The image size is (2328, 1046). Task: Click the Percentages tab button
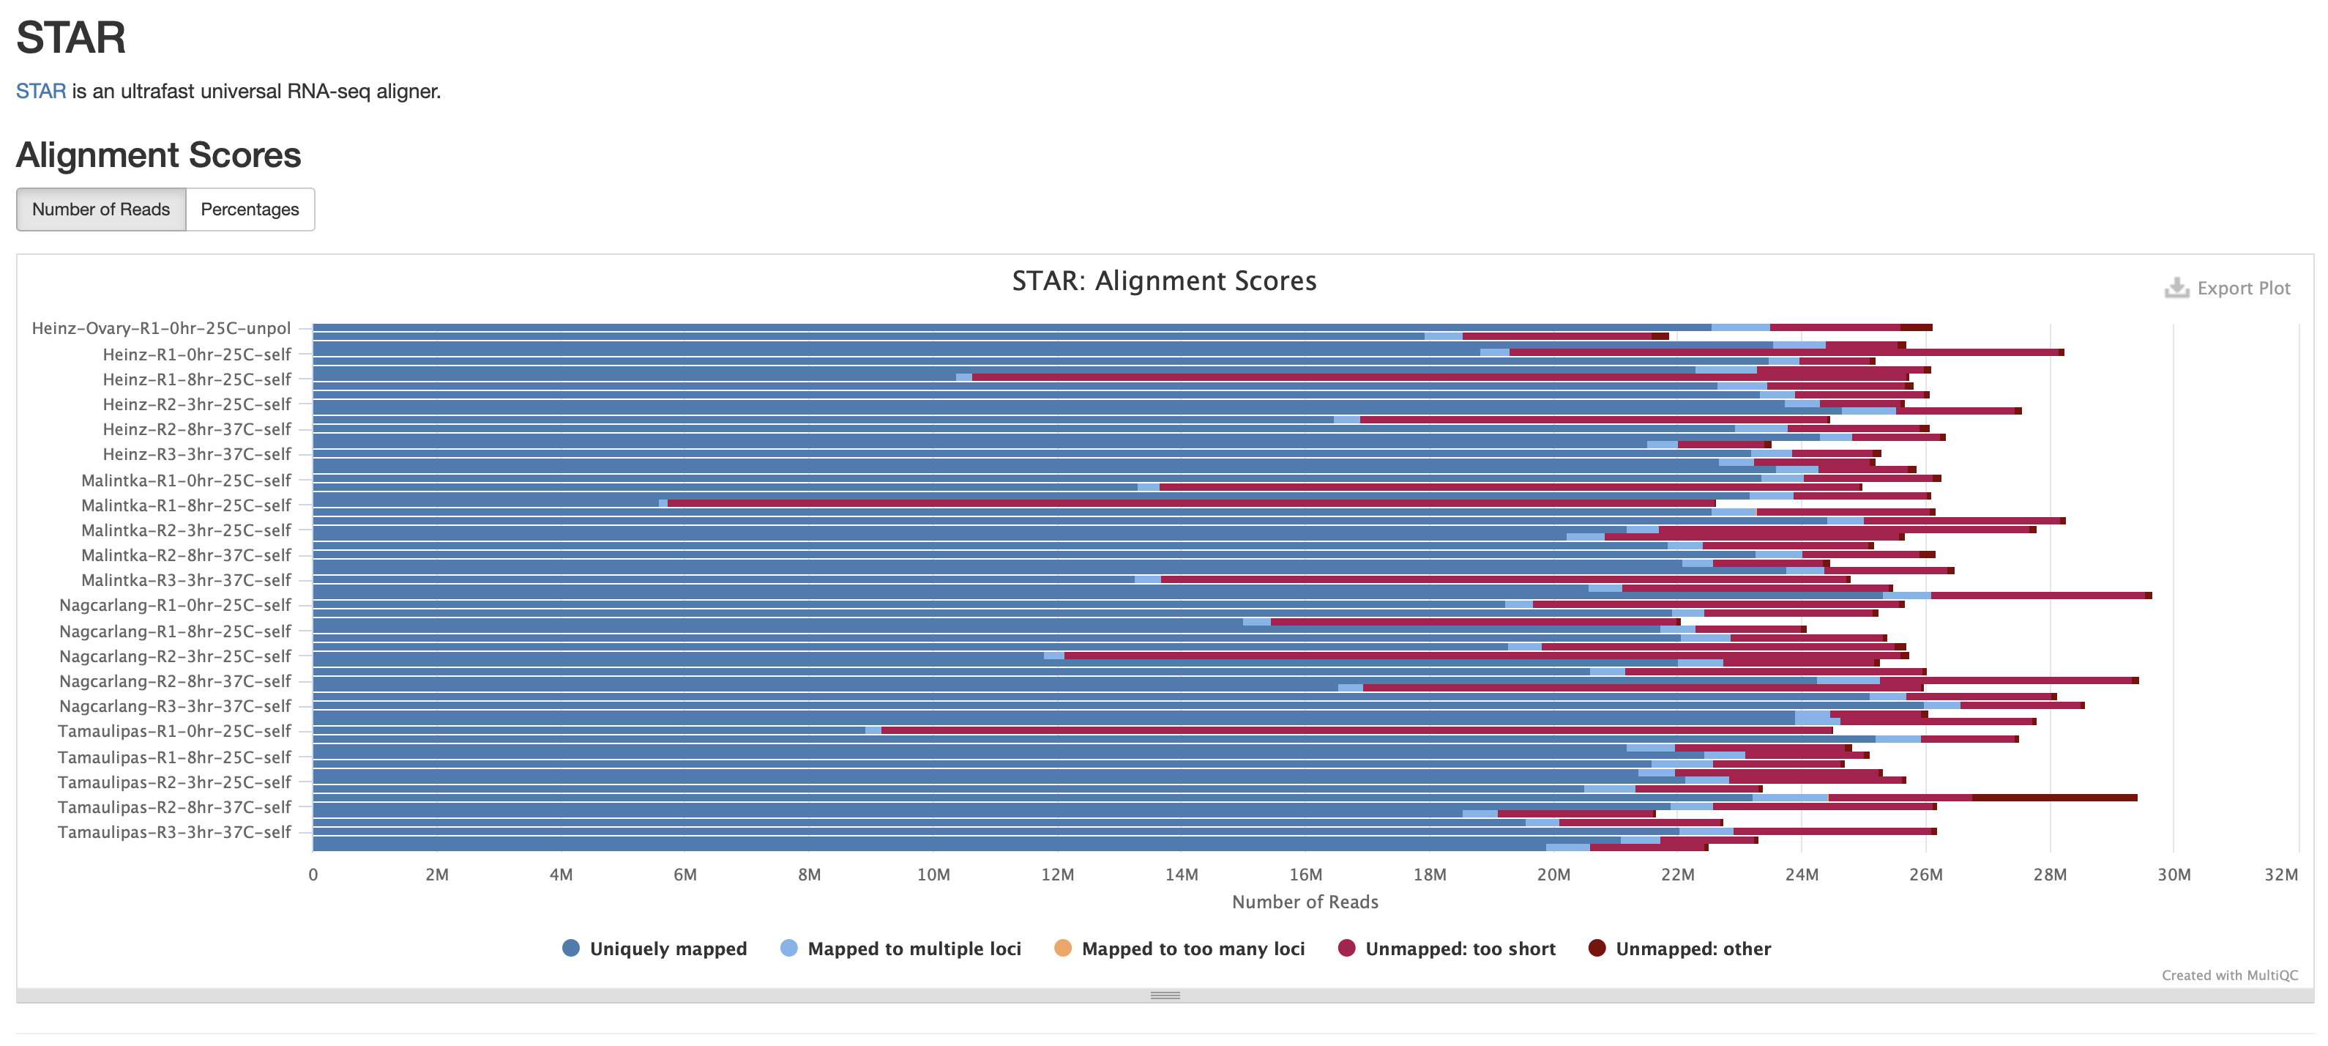click(250, 209)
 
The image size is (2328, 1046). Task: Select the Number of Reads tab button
click(101, 209)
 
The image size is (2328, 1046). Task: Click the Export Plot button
click(2228, 289)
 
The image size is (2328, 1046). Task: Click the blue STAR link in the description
click(41, 92)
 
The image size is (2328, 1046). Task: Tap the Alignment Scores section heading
click(158, 155)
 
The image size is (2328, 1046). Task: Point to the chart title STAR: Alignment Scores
click(1164, 281)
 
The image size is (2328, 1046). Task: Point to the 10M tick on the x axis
click(933, 874)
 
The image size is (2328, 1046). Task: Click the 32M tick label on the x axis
click(2280, 874)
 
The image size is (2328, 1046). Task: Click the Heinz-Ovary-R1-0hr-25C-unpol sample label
click(161, 328)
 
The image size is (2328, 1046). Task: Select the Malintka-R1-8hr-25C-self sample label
click(186, 505)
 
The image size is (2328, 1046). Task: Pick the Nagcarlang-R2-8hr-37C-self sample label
click(175, 680)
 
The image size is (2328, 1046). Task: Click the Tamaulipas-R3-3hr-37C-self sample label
click(174, 831)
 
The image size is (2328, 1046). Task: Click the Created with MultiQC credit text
click(2229, 974)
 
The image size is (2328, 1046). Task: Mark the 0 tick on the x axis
click(313, 874)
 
